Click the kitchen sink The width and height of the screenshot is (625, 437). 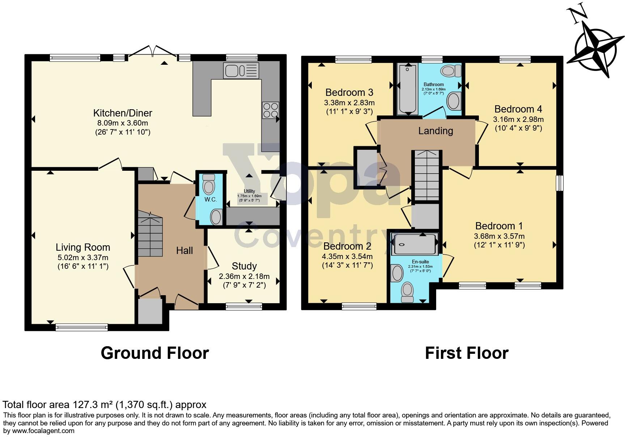(241, 70)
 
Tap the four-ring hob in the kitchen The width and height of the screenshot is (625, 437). (271, 110)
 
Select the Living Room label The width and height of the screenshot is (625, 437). (83, 247)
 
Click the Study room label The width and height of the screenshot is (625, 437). (244, 266)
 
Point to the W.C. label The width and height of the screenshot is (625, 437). (211, 199)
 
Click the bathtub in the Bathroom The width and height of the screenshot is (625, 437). (408, 89)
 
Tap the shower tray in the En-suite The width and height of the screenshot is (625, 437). (415, 244)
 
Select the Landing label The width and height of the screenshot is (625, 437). (435, 131)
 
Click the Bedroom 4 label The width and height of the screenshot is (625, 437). (518, 109)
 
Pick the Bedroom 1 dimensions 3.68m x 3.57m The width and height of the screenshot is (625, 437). (499, 236)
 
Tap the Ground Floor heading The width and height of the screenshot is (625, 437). (155, 353)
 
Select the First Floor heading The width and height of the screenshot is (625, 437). (467, 353)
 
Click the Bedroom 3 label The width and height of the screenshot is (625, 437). (349, 92)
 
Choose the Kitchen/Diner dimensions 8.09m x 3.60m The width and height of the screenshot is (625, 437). (123, 123)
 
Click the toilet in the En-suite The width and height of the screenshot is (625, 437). (408, 292)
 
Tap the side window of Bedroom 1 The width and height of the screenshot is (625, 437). (560, 183)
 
